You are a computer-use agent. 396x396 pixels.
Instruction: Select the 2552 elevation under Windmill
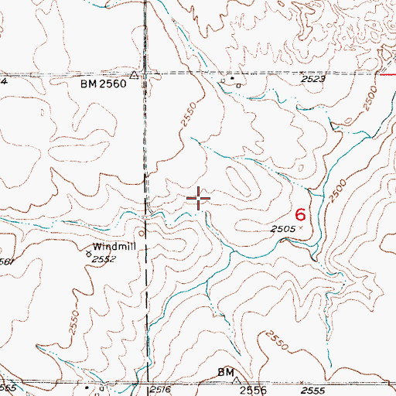coord(103,260)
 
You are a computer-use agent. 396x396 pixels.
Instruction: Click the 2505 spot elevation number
coord(284,230)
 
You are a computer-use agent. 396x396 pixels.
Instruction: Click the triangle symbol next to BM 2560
coord(134,76)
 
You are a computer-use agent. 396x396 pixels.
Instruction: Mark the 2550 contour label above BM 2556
coord(276,340)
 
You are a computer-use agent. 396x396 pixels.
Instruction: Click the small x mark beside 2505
coord(301,230)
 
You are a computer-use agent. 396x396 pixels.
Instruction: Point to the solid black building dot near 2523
coord(230,78)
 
